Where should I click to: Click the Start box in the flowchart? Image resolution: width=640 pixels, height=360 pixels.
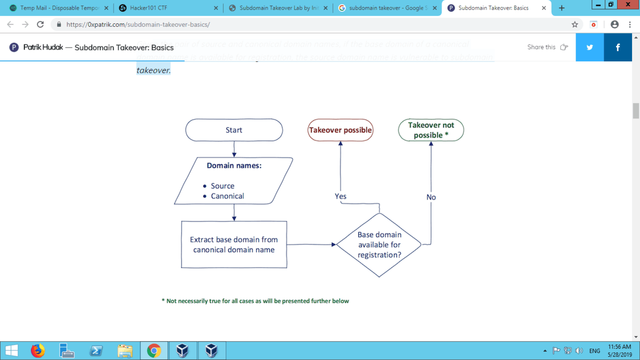(x=234, y=130)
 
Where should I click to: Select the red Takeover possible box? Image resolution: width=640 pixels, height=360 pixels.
(x=340, y=130)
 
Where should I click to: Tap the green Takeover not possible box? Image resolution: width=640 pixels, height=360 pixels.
(x=431, y=130)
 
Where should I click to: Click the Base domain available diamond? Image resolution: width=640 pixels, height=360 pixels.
(x=379, y=245)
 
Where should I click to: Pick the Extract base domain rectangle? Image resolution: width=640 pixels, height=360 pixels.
(x=234, y=244)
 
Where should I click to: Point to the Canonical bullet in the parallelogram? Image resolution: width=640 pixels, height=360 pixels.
(x=227, y=196)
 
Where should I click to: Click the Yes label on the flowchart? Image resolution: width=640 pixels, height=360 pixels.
(x=340, y=196)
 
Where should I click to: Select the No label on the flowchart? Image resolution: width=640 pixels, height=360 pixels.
(x=431, y=197)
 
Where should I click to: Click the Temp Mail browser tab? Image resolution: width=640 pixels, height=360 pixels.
(x=56, y=8)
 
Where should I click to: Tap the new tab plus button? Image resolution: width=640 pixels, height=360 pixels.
(x=561, y=8)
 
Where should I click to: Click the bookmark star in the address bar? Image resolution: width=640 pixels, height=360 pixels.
(x=574, y=25)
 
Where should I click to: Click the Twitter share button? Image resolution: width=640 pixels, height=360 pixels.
(x=589, y=47)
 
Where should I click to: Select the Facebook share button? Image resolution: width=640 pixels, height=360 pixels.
(x=618, y=47)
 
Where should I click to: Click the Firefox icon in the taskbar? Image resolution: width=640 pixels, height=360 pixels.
(x=37, y=350)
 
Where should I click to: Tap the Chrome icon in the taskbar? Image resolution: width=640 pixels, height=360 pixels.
(x=154, y=350)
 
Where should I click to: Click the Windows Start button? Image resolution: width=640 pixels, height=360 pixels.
(x=11, y=350)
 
